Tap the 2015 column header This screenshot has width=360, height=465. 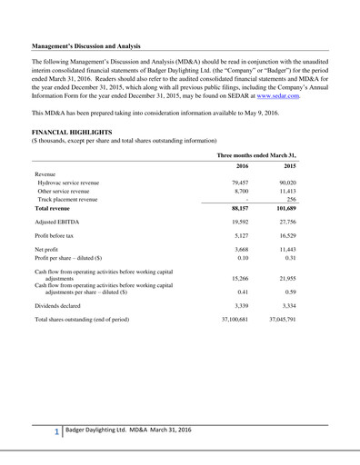[x=315, y=192]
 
